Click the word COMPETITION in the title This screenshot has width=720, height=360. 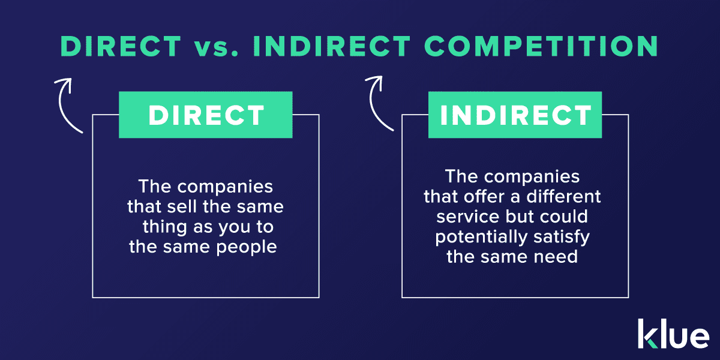[x=541, y=46]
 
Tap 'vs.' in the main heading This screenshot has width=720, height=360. [x=216, y=47]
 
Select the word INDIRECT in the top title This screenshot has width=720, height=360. [x=332, y=46]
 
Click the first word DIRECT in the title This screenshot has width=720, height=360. [x=121, y=46]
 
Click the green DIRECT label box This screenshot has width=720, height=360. [x=206, y=115]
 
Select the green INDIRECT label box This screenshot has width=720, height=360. [x=515, y=115]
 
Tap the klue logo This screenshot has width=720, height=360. [x=673, y=334]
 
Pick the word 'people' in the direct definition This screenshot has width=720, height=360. [x=246, y=247]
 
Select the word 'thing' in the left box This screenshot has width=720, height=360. [x=164, y=227]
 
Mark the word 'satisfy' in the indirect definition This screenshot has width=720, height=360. [x=562, y=237]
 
